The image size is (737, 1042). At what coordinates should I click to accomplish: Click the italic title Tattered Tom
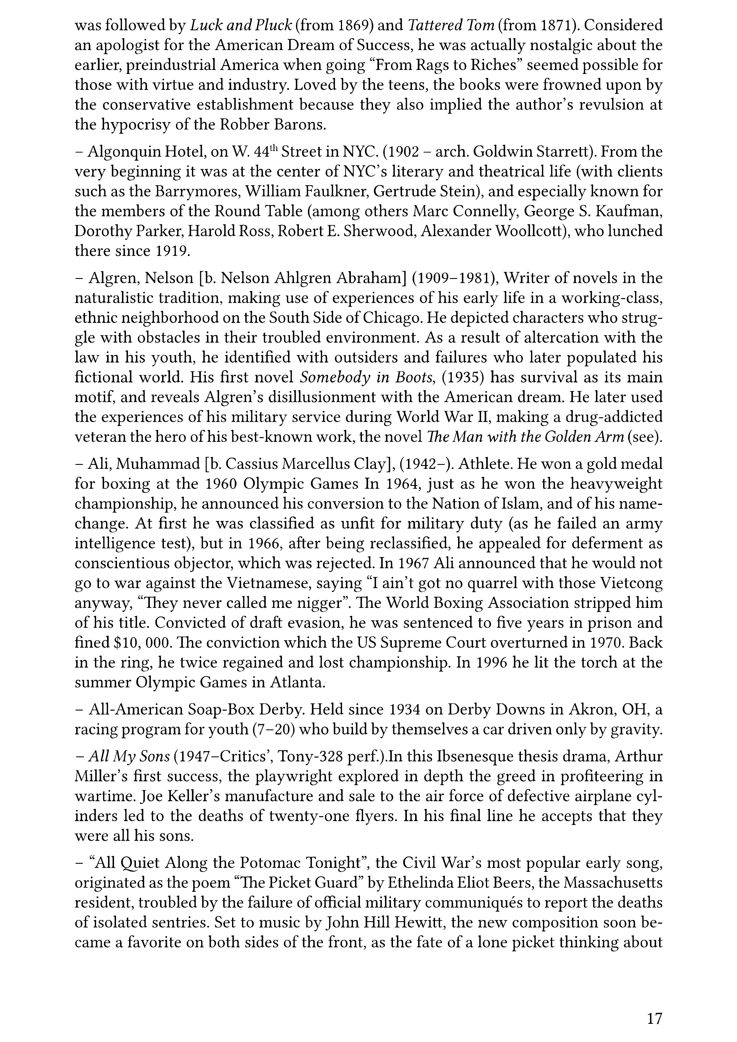pyautogui.click(x=451, y=25)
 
